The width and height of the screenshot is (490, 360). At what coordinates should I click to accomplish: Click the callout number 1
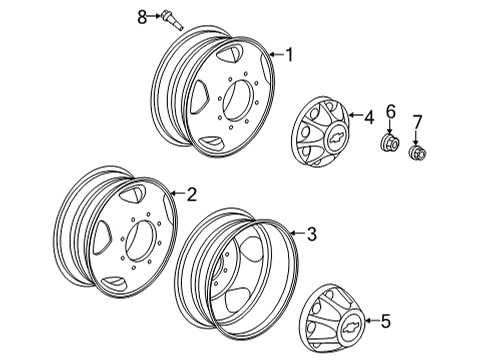(290, 55)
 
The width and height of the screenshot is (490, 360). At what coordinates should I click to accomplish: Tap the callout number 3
(312, 235)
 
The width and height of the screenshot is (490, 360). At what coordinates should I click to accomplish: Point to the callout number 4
(368, 118)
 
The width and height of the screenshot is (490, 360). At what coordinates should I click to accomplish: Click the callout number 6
(391, 111)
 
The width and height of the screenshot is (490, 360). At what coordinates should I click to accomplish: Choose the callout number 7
(418, 122)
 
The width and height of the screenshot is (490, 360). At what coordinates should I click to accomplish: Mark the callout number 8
(141, 16)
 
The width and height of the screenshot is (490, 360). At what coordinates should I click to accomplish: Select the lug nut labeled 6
(389, 147)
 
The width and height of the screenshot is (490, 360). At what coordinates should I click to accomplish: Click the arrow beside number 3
(297, 235)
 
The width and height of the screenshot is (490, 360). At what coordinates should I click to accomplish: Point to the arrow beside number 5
(370, 321)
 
